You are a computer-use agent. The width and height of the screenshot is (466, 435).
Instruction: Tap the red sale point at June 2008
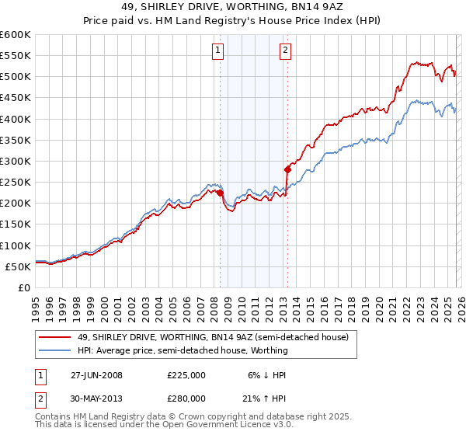[x=220, y=193]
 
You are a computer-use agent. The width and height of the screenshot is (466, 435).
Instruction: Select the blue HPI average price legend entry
[x=183, y=350]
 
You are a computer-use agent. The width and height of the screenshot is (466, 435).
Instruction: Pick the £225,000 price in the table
[x=186, y=375]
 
